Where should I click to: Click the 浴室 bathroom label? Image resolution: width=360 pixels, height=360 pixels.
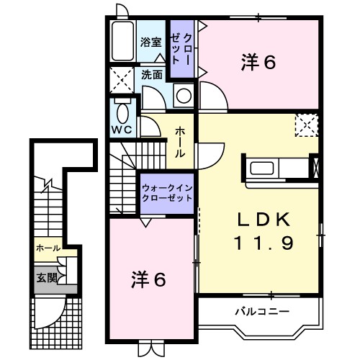150,42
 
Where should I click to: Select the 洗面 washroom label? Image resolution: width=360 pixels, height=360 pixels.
151,74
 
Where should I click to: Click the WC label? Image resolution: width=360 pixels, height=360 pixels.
120,130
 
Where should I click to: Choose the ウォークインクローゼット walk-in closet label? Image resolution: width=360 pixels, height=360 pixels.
166,192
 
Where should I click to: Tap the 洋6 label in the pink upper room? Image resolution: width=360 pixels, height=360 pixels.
258,63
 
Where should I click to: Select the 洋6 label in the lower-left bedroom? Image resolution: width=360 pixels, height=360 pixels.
149,279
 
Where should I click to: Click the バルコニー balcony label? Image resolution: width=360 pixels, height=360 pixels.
261,312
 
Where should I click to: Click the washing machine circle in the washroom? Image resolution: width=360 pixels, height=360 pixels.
184,94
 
